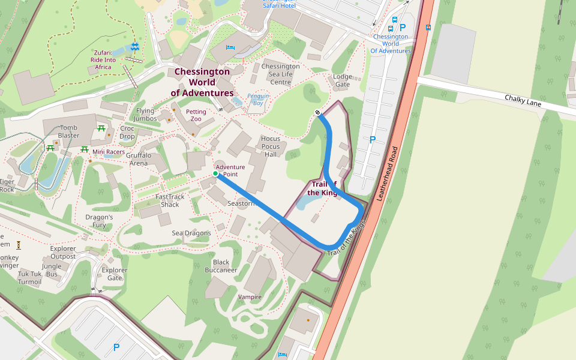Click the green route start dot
click(215, 173)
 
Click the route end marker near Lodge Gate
click(317, 112)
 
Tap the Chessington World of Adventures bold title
click(202, 82)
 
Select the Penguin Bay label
click(258, 100)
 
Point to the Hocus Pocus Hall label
click(271, 146)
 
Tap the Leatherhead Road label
click(386, 173)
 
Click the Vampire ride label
click(250, 297)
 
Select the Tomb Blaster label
click(68, 131)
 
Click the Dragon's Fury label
click(99, 221)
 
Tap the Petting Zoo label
click(196, 115)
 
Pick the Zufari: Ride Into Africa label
click(103, 59)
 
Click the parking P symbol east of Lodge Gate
click(372, 140)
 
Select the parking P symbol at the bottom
click(116, 347)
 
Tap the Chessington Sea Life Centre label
click(280, 74)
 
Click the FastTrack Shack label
click(170, 200)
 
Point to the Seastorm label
click(242, 203)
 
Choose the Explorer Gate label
click(115, 274)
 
